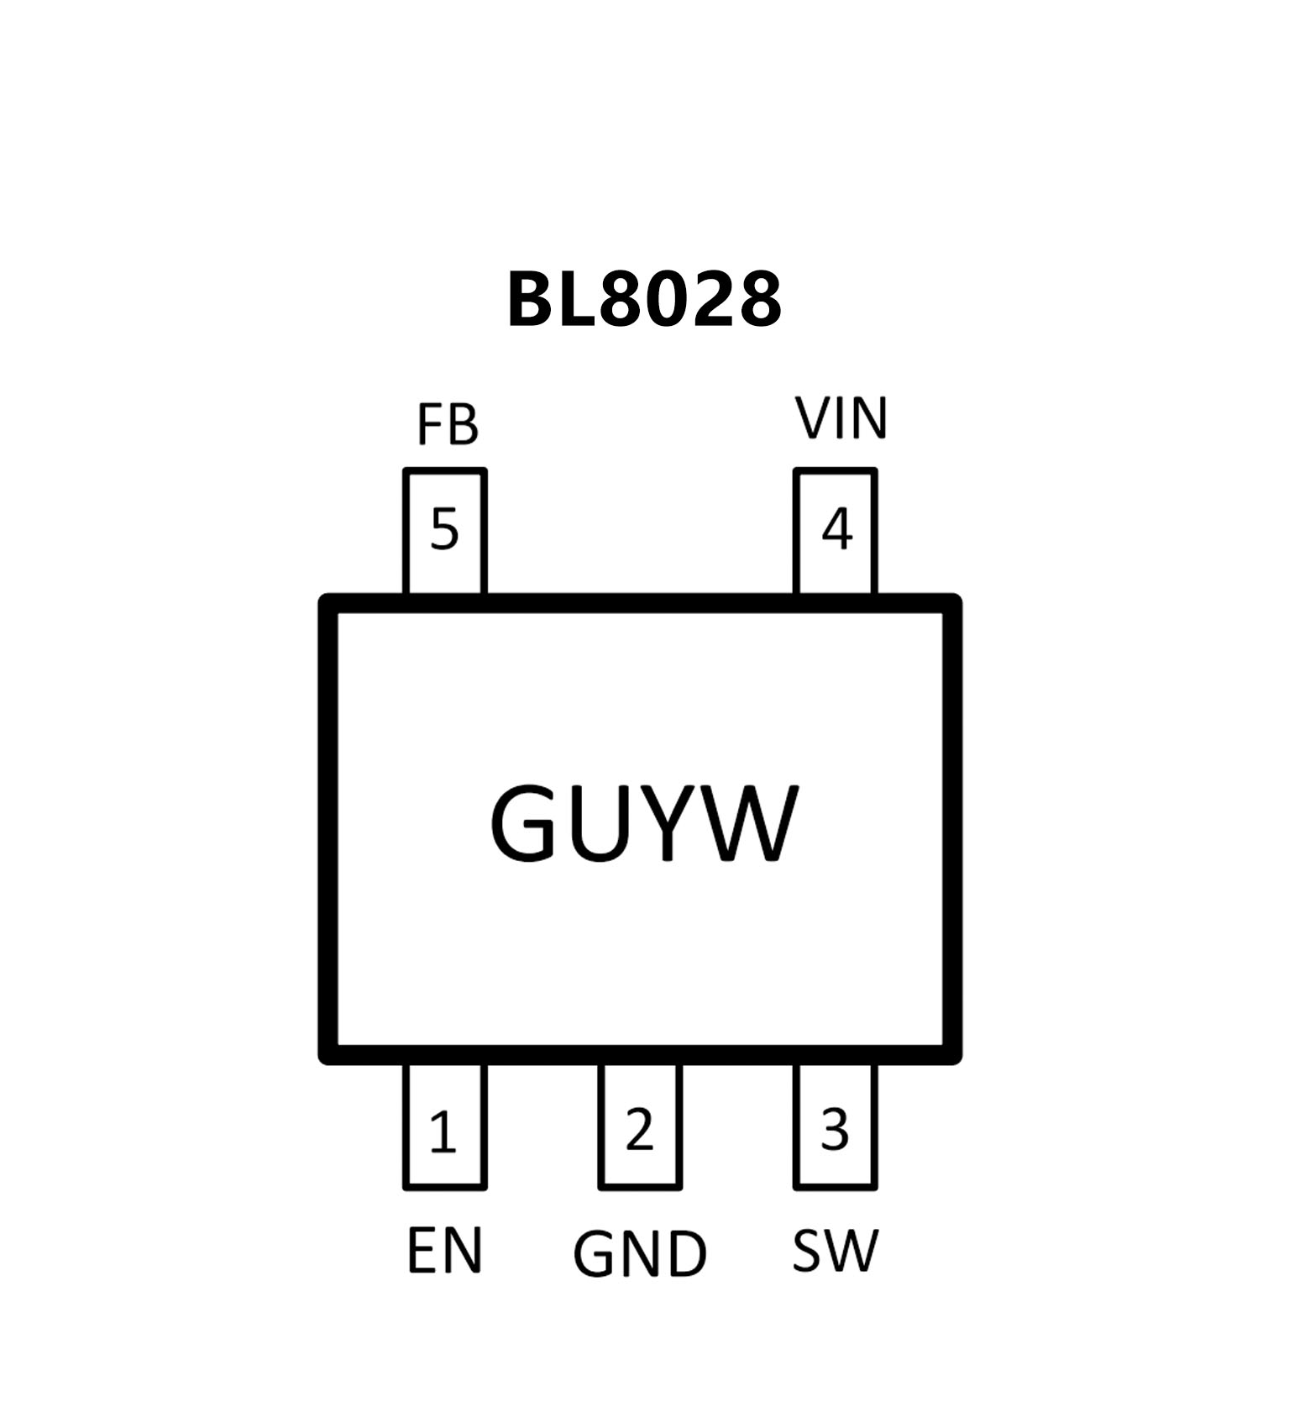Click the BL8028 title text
644,300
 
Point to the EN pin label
444,1251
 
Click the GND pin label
640,1255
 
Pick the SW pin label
835,1251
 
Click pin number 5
444,529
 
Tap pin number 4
836,529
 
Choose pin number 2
639,1130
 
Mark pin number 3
835,1130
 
